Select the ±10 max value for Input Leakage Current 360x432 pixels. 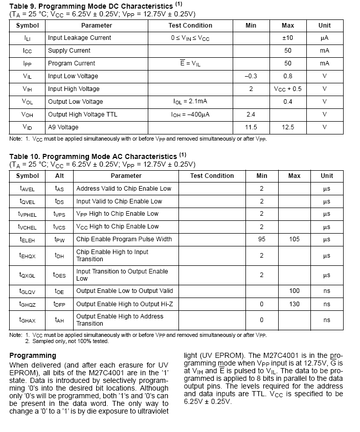point(288,38)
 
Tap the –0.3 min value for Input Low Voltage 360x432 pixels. point(251,76)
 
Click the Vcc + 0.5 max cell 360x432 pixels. point(288,89)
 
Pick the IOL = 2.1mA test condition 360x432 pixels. point(190,102)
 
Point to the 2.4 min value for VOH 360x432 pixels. point(251,115)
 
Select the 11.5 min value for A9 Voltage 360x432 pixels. point(251,127)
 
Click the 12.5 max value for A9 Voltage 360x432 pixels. point(288,127)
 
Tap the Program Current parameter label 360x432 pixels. point(72,63)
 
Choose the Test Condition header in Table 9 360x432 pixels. point(190,26)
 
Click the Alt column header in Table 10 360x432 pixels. point(60,176)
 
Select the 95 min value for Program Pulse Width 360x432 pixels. point(261,239)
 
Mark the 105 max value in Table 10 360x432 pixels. point(295,239)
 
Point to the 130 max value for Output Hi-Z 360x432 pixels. point(295,304)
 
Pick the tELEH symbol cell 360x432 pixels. point(28,239)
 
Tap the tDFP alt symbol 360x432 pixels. point(60,304)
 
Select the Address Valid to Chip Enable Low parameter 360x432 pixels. point(124,189)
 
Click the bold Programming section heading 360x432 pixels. point(33,355)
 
